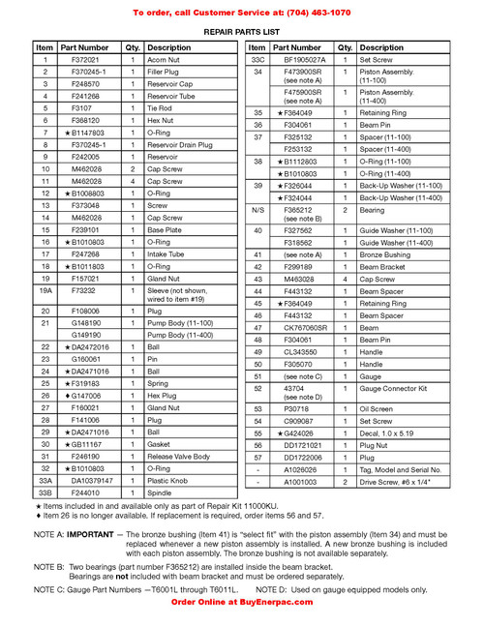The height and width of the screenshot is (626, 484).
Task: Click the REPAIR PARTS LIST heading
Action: click(242, 32)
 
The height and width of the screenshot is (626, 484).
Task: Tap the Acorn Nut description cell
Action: click(165, 60)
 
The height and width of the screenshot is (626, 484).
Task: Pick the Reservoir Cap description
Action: click(170, 84)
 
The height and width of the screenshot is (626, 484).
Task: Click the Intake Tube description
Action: click(167, 253)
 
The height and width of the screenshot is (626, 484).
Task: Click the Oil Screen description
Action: click(379, 409)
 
